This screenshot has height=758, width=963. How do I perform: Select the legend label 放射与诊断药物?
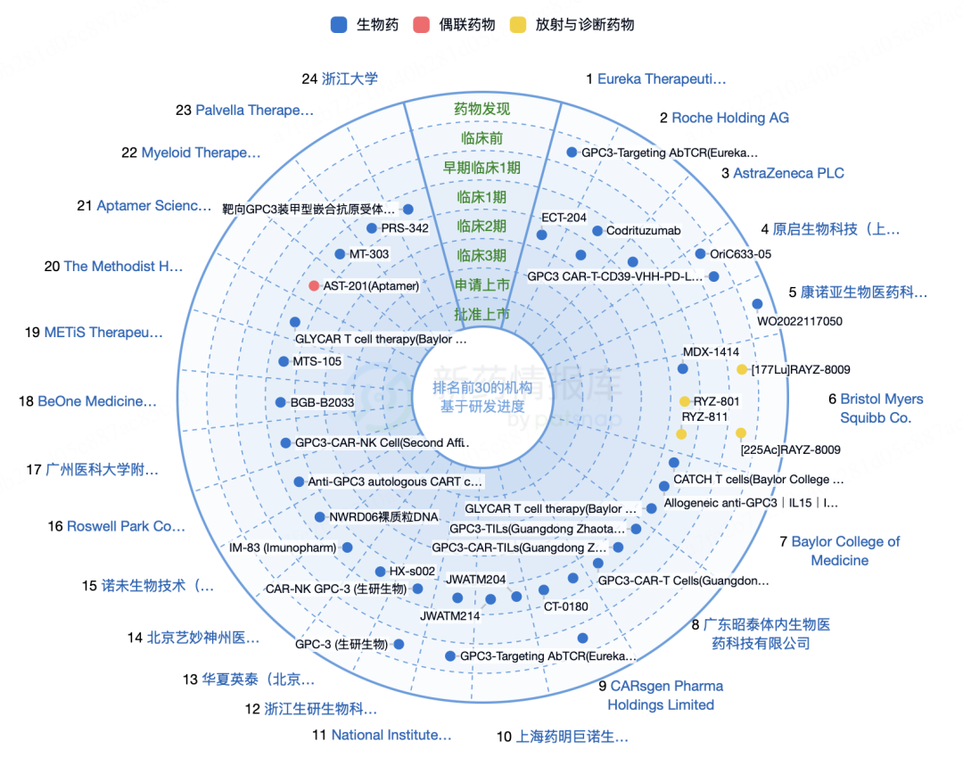(x=585, y=25)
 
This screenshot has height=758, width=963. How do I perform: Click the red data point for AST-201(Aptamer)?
(x=314, y=285)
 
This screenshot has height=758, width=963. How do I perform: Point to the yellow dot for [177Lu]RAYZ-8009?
(x=742, y=369)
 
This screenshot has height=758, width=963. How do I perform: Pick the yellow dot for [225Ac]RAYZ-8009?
(x=741, y=433)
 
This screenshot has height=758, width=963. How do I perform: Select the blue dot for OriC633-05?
(x=700, y=253)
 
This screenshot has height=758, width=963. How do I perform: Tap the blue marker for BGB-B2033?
(x=281, y=402)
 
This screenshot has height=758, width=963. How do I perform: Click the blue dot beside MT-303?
(x=340, y=254)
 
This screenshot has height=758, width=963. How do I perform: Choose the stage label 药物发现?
(x=481, y=109)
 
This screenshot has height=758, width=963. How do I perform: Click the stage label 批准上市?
(x=481, y=314)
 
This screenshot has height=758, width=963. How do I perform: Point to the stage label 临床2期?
(x=481, y=227)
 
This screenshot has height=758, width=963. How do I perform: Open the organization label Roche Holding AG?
(x=729, y=118)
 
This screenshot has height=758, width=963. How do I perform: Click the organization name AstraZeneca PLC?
(x=788, y=173)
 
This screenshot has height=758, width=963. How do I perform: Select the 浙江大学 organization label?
(x=350, y=78)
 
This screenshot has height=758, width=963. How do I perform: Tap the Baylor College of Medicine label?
(x=844, y=550)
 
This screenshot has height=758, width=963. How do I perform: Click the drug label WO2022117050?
(x=800, y=321)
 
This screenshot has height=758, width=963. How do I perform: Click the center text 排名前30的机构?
(x=481, y=388)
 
